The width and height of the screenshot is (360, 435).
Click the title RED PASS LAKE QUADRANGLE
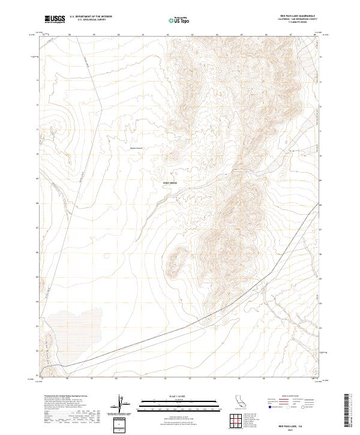(x=296, y=16)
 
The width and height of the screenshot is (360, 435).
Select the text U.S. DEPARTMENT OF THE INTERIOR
(x=91, y=16)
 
